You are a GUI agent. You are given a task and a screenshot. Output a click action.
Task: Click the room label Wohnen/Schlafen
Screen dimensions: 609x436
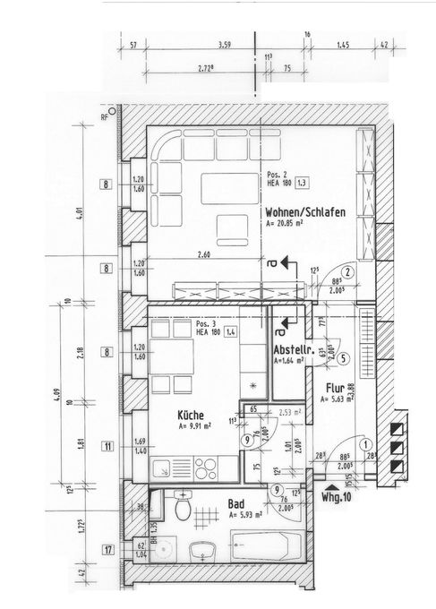click(305, 211)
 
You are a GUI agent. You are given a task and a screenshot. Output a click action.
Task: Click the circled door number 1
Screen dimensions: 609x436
click(365, 443)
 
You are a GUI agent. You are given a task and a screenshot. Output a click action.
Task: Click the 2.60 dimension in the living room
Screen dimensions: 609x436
click(205, 255)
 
